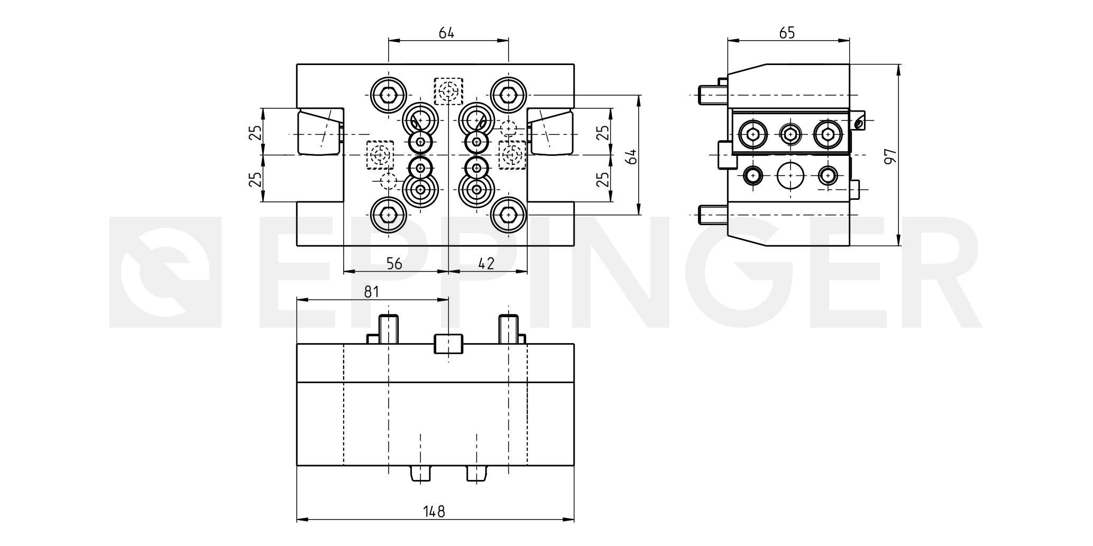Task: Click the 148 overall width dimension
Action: [x=434, y=511]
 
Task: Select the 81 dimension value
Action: [x=372, y=292]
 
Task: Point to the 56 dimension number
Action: [x=394, y=264]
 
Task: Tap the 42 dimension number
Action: [x=486, y=264]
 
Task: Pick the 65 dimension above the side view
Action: [x=787, y=33]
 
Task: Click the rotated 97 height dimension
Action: [x=890, y=156]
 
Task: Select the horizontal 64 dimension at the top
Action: [x=447, y=33]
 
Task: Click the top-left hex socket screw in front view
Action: [x=389, y=95]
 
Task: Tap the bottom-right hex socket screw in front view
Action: [x=508, y=215]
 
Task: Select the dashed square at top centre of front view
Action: [x=448, y=91]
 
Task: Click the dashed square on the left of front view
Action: [x=380, y=155]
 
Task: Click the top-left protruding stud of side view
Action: [x=713, y=95]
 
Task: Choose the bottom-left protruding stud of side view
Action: [x=713, y=215]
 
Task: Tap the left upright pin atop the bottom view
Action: [x=389, y=329]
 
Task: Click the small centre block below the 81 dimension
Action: [x=448, y=344]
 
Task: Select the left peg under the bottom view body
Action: [x=420, y=474]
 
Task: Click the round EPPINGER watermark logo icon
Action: [x=165, y=272]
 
